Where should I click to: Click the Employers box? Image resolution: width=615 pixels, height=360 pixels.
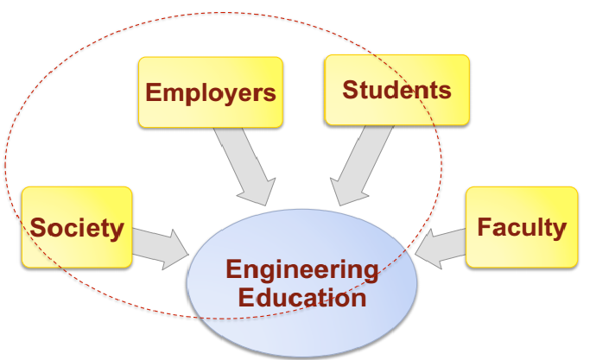pyautogui.click(x=211, y=92)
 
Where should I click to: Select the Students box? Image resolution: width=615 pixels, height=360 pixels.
pyautogui.click(x=396, y=90)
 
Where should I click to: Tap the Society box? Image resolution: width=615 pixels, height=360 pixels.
pyautogui.click(x=77, y=227)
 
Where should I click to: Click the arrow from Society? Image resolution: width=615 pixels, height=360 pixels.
pyautogui.click(x=160, y=244)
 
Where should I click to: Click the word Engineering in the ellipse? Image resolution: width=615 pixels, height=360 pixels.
pyautogui.click(x=301, y=269)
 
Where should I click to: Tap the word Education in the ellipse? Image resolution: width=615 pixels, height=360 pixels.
pyautogui.click(x=301, y=298)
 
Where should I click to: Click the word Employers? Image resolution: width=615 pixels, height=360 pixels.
pyautogui.click(x=211, y=92)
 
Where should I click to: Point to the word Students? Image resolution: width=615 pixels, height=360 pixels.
pyautogui.click(x=396, y=90)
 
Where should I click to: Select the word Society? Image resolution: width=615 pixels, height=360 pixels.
pyautogui.click(x=77, y=228)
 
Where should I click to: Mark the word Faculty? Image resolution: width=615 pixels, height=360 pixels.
pyautogui.click(x=522, y=227)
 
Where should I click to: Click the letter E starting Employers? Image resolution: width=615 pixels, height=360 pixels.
pyautogui.click(x=153, y=92)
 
